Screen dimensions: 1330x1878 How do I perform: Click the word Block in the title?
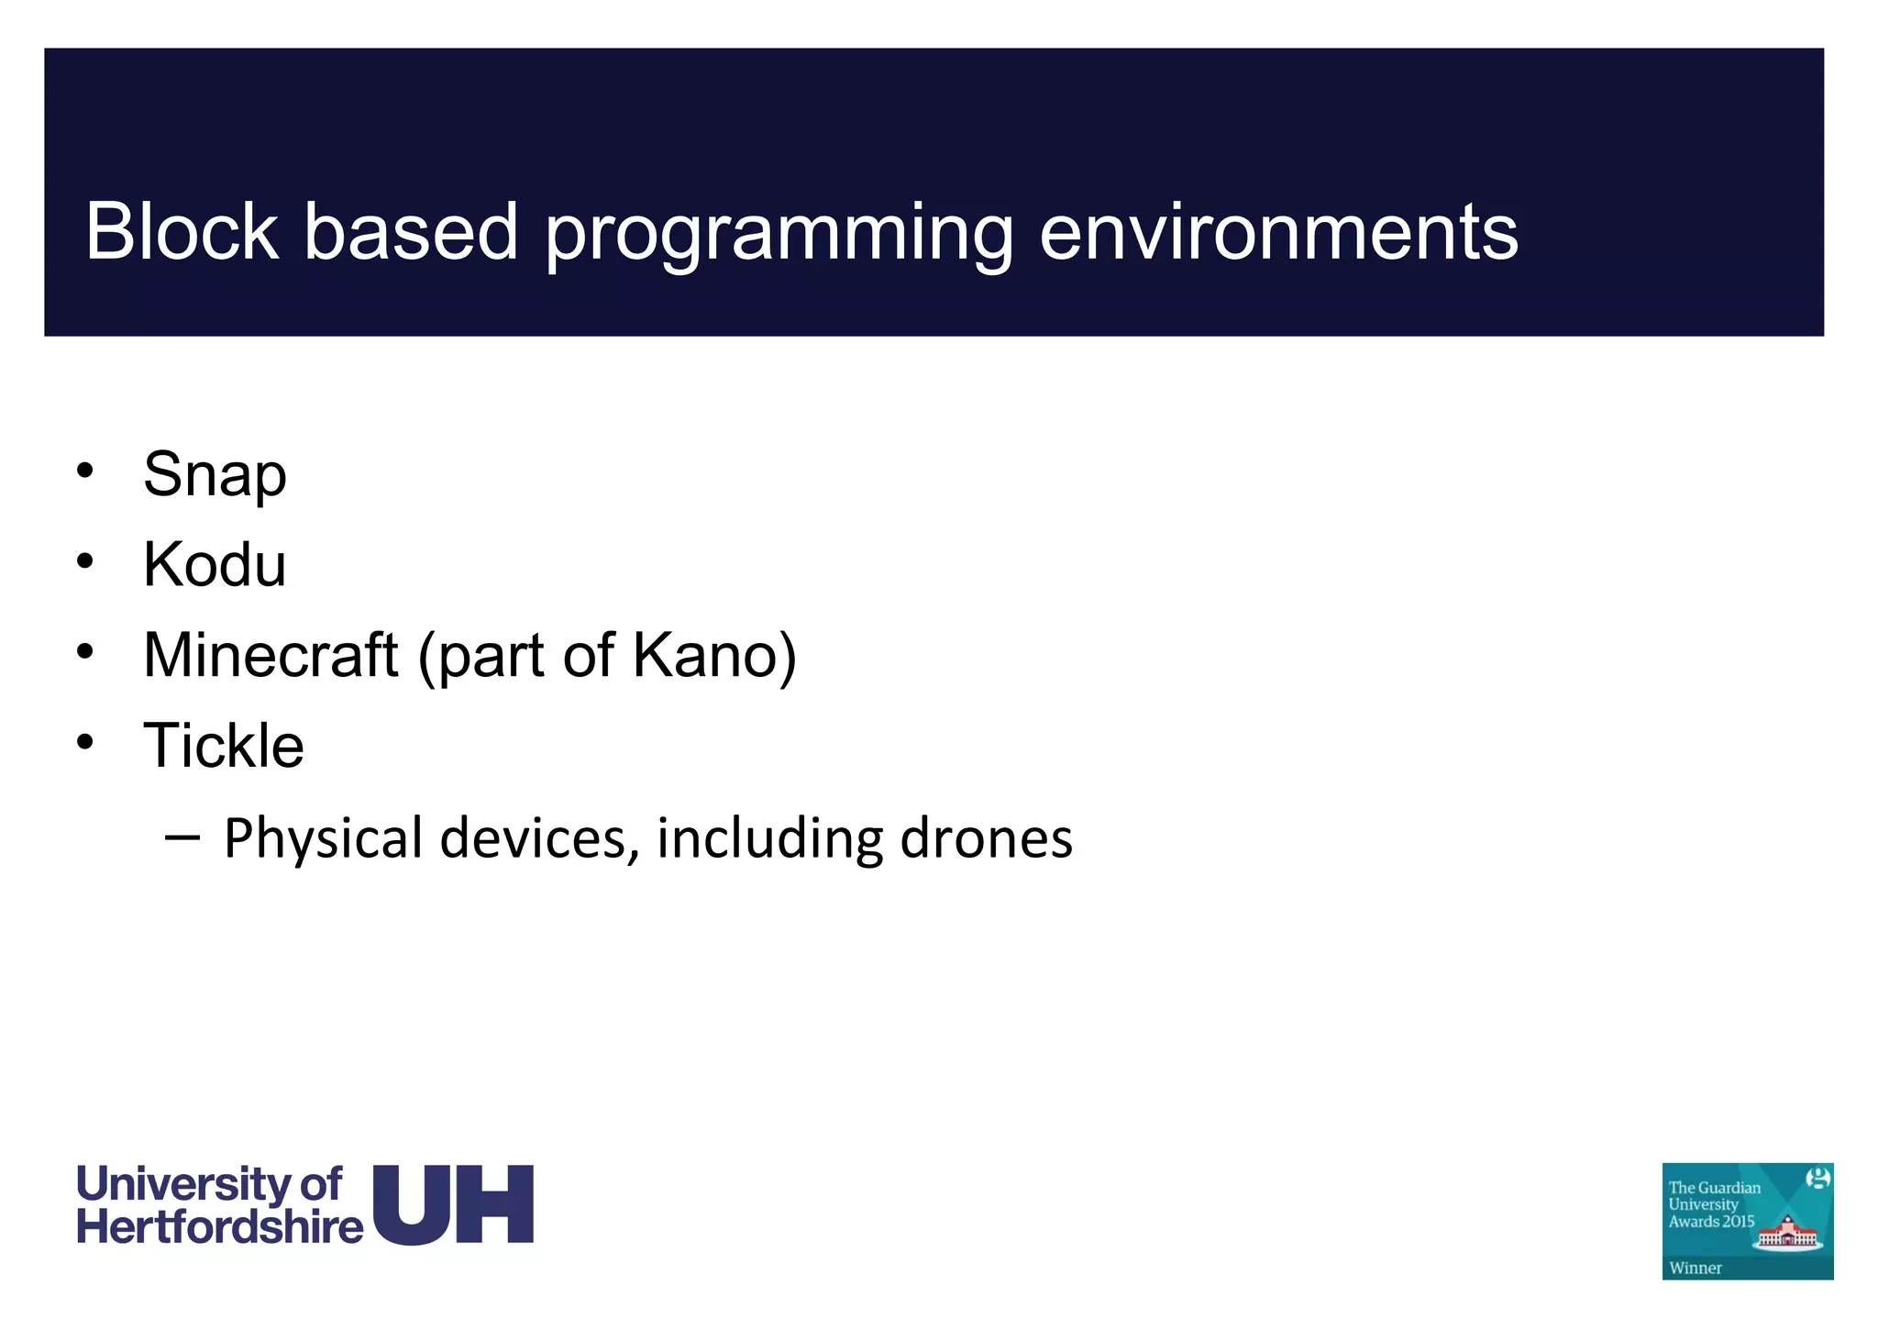182,231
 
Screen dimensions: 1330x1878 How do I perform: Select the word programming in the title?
779,234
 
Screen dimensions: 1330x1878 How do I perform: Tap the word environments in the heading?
1278,233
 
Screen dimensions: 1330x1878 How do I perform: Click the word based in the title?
411,231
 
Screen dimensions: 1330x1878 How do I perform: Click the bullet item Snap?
215,476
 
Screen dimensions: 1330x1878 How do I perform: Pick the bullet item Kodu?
215,564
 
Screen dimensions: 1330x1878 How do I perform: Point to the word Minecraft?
271,655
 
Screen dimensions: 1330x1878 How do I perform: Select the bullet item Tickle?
223,745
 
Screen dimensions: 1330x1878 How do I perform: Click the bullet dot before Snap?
85,471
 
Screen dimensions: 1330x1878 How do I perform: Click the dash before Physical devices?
182,837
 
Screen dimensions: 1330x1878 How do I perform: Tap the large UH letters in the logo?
454,1205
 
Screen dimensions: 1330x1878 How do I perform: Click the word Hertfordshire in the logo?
220,1227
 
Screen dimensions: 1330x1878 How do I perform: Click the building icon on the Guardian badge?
1787,1231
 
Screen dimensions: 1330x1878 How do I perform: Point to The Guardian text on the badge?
1714,1188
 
